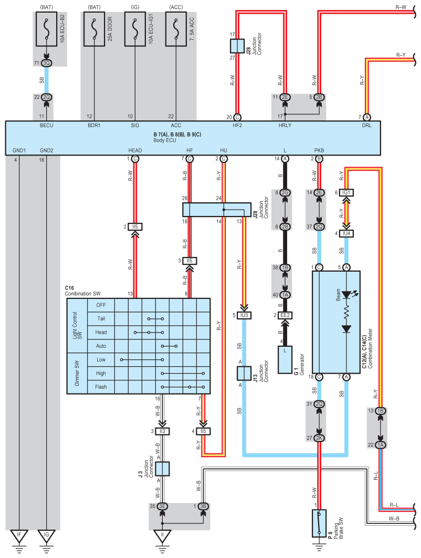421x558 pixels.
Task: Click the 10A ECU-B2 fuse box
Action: tap(47, 29)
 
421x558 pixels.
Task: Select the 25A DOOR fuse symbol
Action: tap(94, 29)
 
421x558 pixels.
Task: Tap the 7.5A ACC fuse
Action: tap(176, 29)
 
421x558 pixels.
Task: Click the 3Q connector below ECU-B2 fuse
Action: tap(47, 63)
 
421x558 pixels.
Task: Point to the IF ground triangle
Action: tap(19, 535)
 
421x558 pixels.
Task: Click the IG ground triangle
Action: tap(47, 535)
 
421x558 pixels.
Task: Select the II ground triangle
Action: tap(162, 535)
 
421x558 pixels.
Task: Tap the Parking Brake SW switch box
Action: tap(319, 523)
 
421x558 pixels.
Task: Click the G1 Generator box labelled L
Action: tap(285, 360)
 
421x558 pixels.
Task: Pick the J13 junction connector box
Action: tap(244, 373)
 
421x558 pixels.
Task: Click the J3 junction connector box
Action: tap(162, 469)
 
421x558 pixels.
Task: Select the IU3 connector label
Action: tap(244, 315)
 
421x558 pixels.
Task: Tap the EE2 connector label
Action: tap(285, 315)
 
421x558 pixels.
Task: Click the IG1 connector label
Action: tap(346, 192)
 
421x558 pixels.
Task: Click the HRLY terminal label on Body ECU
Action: tap(285, 125)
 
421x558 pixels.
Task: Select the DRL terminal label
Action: tap(366, 125)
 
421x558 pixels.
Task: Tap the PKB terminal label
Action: tap(319, 150)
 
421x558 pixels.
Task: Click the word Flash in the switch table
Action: tap(101, 387)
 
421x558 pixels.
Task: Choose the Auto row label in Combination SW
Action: tap(101, 346)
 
